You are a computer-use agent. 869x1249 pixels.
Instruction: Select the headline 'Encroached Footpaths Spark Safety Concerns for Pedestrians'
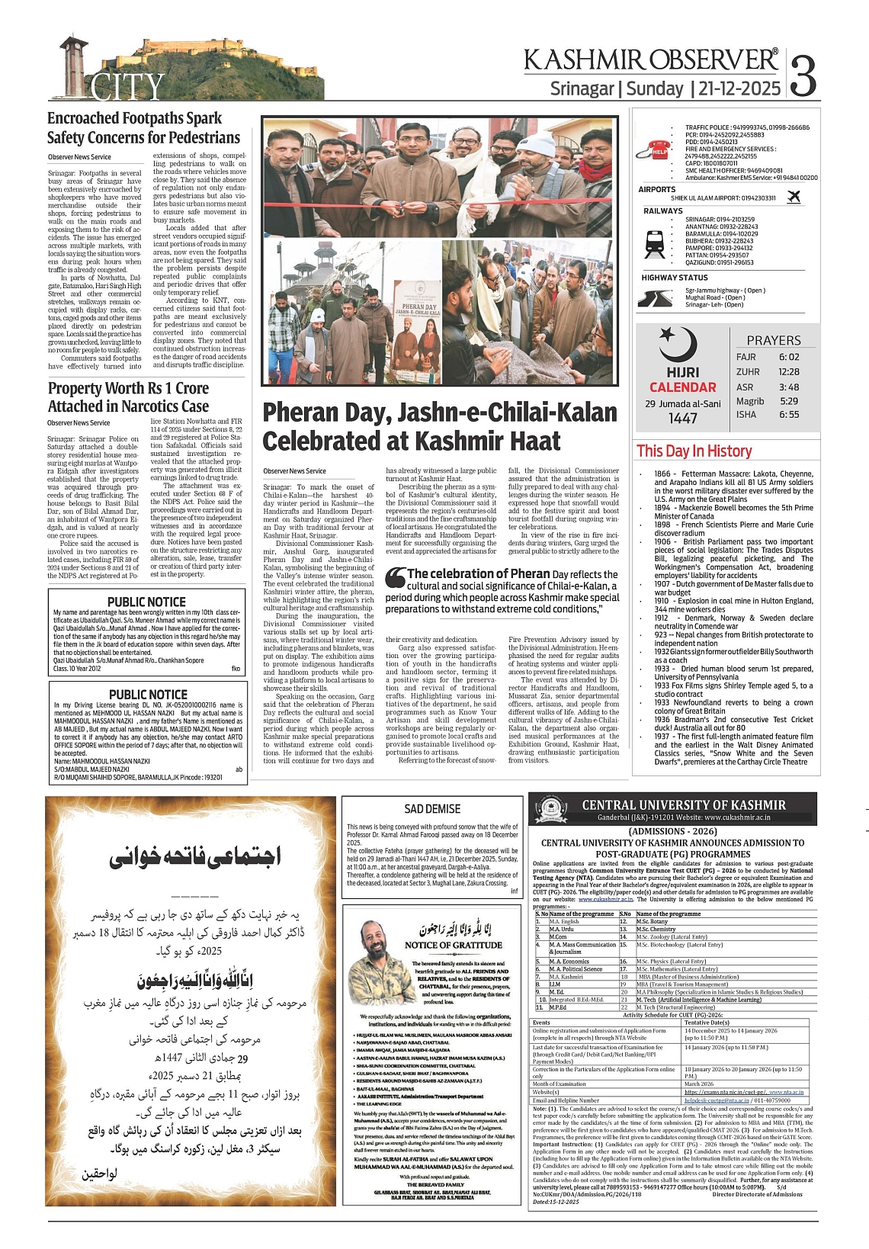click(x=143, y=128)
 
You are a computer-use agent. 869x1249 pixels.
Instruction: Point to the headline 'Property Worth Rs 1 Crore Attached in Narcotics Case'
click(x=128, y=397)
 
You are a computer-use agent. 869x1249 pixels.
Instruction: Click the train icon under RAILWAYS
click(x=655, y=242)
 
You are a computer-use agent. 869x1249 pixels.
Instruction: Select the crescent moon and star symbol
click(x=677, y=344)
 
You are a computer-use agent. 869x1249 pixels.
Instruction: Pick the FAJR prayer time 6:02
click(x=789, y=357)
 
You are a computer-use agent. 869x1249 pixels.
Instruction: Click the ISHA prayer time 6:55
click(x=789, y=415)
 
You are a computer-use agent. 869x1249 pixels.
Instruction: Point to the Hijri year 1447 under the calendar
click(x=683, y=418)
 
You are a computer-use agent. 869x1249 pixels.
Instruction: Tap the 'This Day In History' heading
click(x=694, y=451)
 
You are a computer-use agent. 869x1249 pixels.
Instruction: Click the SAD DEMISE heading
click(x=432, y=809)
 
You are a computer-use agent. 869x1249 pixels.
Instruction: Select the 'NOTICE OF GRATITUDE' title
click(x=454, y=945)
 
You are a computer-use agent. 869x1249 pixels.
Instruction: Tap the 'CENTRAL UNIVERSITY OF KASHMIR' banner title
click(x=683, y=805)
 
